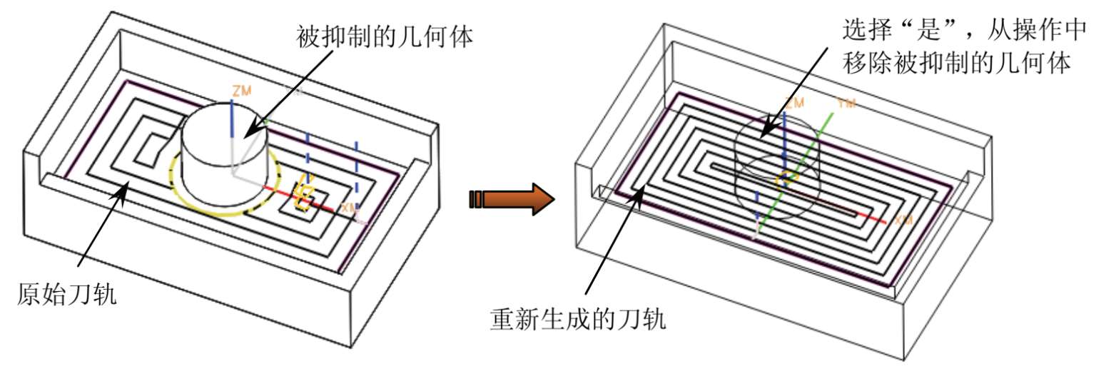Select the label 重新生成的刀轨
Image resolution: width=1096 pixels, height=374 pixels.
578,319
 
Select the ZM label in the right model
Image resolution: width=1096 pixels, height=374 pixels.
794,102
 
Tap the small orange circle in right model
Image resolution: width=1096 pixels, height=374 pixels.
786,178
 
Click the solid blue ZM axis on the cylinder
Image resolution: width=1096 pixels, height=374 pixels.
233,121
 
